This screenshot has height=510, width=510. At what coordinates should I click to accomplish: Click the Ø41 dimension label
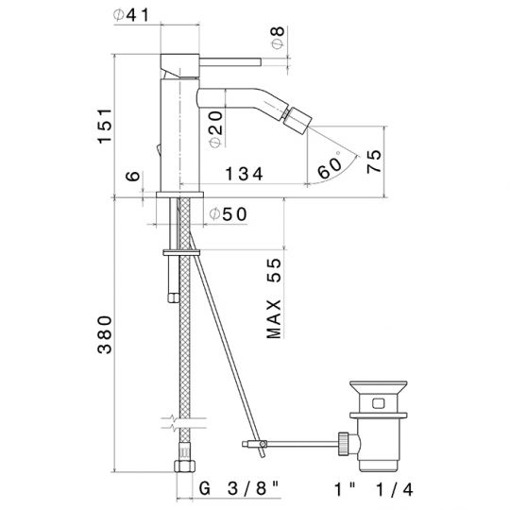131,15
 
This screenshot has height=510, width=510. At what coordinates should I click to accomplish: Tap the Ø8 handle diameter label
278,38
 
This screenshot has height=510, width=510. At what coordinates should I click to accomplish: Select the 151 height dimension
105,126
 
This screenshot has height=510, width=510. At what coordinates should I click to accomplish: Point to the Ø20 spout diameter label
216,129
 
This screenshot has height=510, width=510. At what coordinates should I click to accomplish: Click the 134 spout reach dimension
244,174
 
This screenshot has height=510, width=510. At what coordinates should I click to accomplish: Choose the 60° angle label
330,166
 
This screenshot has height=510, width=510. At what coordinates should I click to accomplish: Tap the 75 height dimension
374,161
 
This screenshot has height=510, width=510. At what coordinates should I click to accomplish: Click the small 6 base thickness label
133,176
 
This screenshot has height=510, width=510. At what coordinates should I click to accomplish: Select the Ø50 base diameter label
228,214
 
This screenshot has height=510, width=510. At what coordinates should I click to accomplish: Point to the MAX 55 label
274,297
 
